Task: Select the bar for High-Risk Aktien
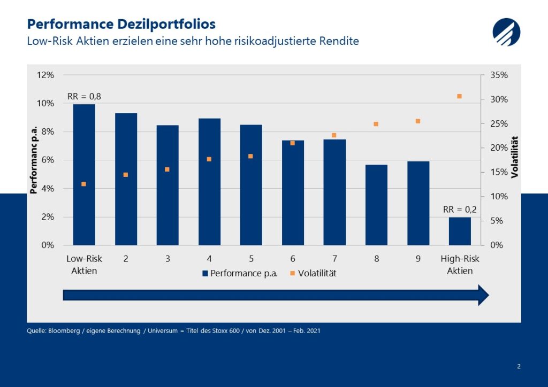pos(460,231)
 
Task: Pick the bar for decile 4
pos(209,182)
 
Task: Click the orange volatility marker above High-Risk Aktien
pos(459,96)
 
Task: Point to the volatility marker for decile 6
pos(293,143)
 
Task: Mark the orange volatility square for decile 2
pos(126,175)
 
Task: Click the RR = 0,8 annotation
pos(84,97)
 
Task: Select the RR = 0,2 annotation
pos(460,210)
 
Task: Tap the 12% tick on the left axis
pos(45,75)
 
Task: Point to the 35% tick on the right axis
pos(499,75)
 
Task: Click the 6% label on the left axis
pos(48,160)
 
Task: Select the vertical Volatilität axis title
pos(515,157)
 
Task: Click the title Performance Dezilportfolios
pos(121,24)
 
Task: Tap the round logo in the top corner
pos(506,32)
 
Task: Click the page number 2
pos(519,366)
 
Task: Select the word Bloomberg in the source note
pos(65,331)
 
